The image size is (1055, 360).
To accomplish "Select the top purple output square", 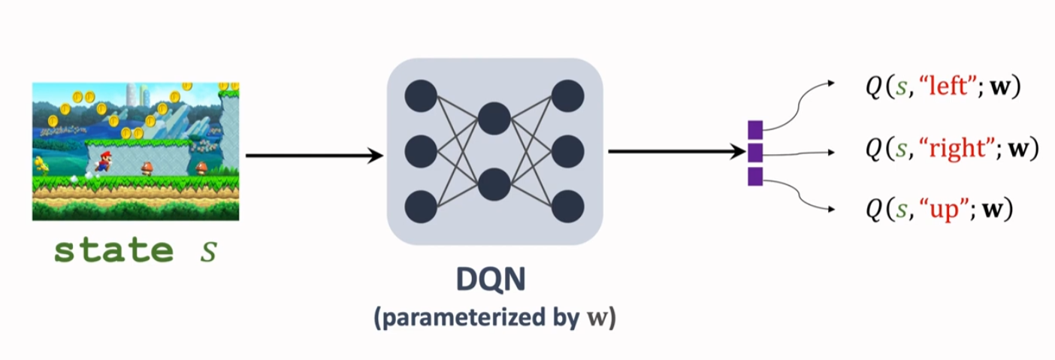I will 755,129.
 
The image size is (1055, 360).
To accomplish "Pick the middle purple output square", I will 755,153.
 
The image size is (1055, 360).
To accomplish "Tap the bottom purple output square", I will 755,177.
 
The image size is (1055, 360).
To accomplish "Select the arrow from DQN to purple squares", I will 676,152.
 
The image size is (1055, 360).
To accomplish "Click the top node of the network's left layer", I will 421,95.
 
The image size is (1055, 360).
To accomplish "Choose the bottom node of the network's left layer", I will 421,207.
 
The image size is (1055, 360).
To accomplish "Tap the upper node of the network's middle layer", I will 494,119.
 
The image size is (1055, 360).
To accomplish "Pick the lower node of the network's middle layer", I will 494,184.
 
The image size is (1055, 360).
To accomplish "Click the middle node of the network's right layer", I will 567,151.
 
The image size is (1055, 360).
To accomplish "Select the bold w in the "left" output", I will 999,89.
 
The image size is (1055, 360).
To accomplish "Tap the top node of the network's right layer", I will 567,95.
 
